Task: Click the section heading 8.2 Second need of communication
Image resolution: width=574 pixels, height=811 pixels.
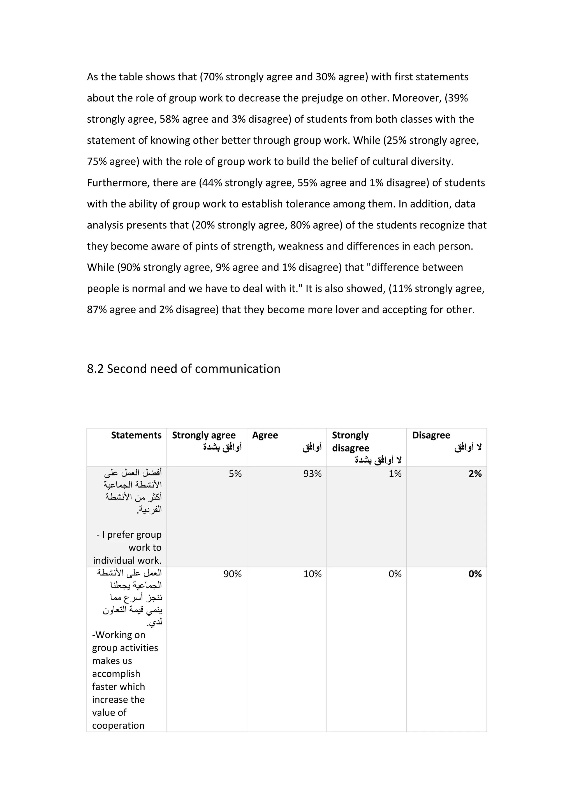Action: pyautogui.click(x=184, y=369)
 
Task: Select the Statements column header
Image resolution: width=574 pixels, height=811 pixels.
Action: pyautogui.click(x=136, y=435)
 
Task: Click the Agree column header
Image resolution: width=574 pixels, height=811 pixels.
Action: pyautogui.click(x=265, y=435)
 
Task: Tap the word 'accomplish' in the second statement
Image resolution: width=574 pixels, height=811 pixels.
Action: pyautogui.click(x=116, y=673)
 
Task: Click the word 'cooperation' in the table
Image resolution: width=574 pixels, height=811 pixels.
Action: pyautogui.click(x=118, y=726)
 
